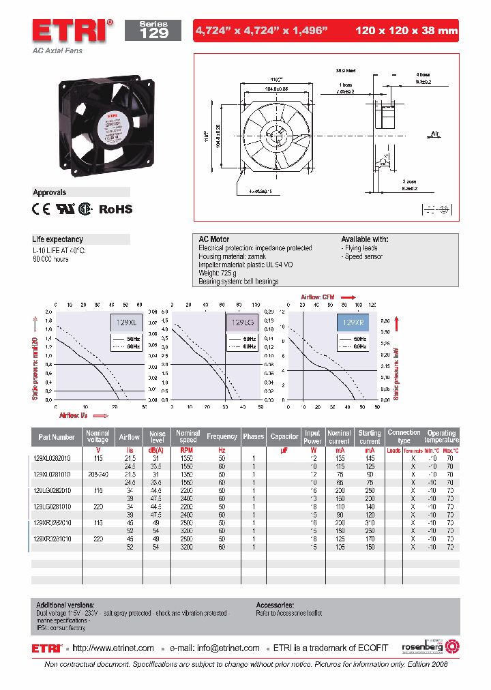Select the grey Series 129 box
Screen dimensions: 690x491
(x=153, y=30)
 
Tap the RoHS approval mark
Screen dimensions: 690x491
(x=116, y=209)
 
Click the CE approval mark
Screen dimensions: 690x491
(x=42, y=209)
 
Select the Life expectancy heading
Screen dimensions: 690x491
(x=58, y=239)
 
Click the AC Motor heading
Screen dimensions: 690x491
(x=213, y=239)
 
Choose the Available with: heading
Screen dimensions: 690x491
(x=364, y=239)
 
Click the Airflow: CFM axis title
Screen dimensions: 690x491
(x=319, y=297)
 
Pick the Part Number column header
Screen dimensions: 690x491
(x=57, y=437)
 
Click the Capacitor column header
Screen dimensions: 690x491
(x=284, y=437)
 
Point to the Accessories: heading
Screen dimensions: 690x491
(x=275, y=605)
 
